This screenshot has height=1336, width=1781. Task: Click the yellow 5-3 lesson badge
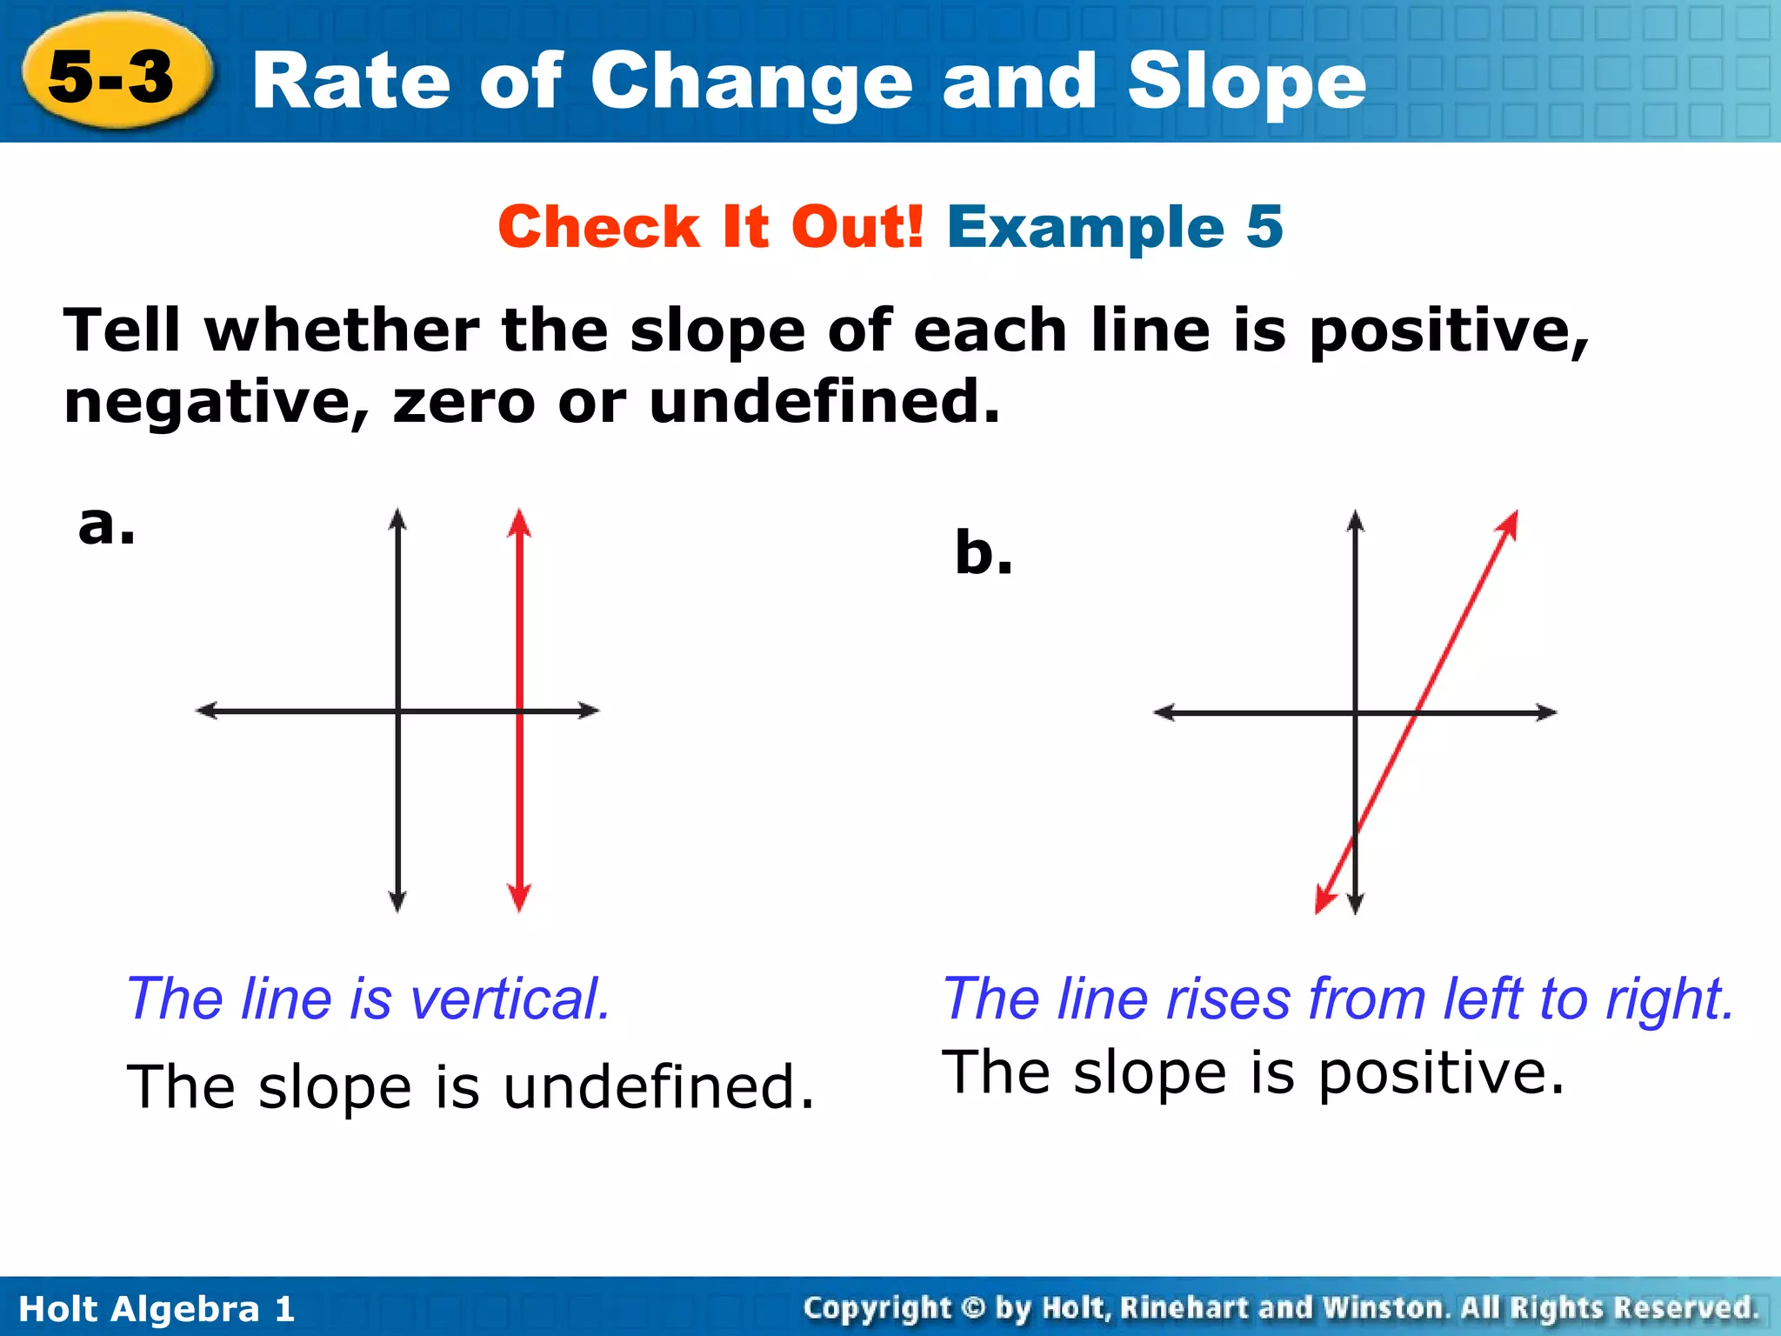coord(113,77)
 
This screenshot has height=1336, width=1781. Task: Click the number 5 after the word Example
coord(1264,227)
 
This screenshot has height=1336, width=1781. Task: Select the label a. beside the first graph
coord(106,524)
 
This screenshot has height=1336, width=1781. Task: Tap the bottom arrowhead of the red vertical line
coord(519,898)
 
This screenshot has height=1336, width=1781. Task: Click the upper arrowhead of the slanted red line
coord(1509,524)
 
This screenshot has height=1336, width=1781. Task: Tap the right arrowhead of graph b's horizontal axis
coord(1545,712)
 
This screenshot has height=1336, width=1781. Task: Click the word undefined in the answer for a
coord(658,1087)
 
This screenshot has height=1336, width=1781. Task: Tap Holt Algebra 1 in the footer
coord(157,1309)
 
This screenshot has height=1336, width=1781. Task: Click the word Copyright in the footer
coord(877,1308)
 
